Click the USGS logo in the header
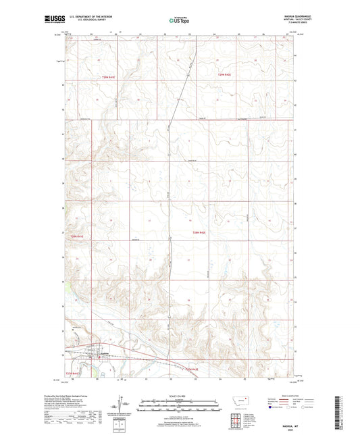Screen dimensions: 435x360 pyautogui.click(x=52, y=21)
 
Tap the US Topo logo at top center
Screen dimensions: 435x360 pyautogui.click(x=178, y=21)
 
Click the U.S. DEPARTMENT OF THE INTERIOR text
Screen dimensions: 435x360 pyautogui.click(x=85, y=19)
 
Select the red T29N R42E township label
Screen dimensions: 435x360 pyautogui.click(x=224, y=74)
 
